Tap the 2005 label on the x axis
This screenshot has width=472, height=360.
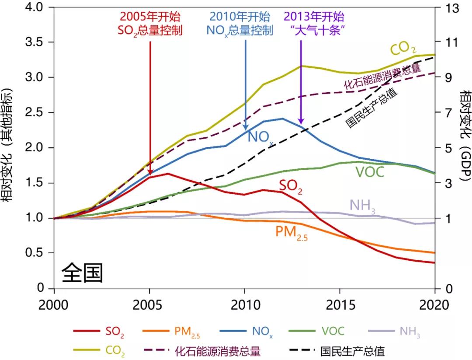[149, 305]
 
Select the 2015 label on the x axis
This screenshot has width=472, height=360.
[340, 305]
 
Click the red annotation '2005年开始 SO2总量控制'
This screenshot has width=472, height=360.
[150, 24]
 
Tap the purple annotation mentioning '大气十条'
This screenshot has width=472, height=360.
[314, 24]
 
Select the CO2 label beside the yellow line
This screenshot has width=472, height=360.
[403, 49]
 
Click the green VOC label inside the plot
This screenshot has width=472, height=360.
[369, 172]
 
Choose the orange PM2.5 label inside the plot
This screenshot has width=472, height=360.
[291, 232]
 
